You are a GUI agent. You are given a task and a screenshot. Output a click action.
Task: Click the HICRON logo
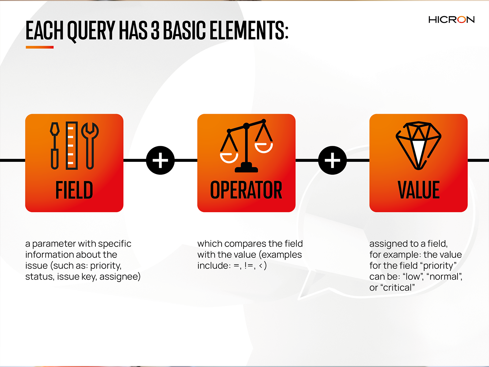click(x=451, y=20)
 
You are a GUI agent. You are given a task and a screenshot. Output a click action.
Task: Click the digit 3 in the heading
click(x=155, y=31)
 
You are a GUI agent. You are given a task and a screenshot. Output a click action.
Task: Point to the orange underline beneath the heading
click(x=40, y=47)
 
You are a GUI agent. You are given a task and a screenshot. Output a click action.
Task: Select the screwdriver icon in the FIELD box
click(x=55, y=146)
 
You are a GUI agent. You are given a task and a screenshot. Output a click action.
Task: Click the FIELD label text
click(x=74, y=190)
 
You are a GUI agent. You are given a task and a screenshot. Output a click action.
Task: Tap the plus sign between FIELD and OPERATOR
click(x=160, y=160)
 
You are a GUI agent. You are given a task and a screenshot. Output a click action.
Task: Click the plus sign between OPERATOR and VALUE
click(x=332, y=160)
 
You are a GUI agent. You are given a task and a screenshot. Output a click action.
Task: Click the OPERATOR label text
click(x=246, y=190)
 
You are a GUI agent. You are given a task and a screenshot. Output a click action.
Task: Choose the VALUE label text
click(x=418, y=190)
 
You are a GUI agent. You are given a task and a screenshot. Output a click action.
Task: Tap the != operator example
click(x=248, y=265)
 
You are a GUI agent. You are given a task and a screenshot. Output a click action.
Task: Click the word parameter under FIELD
click(x=54, y=244)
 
